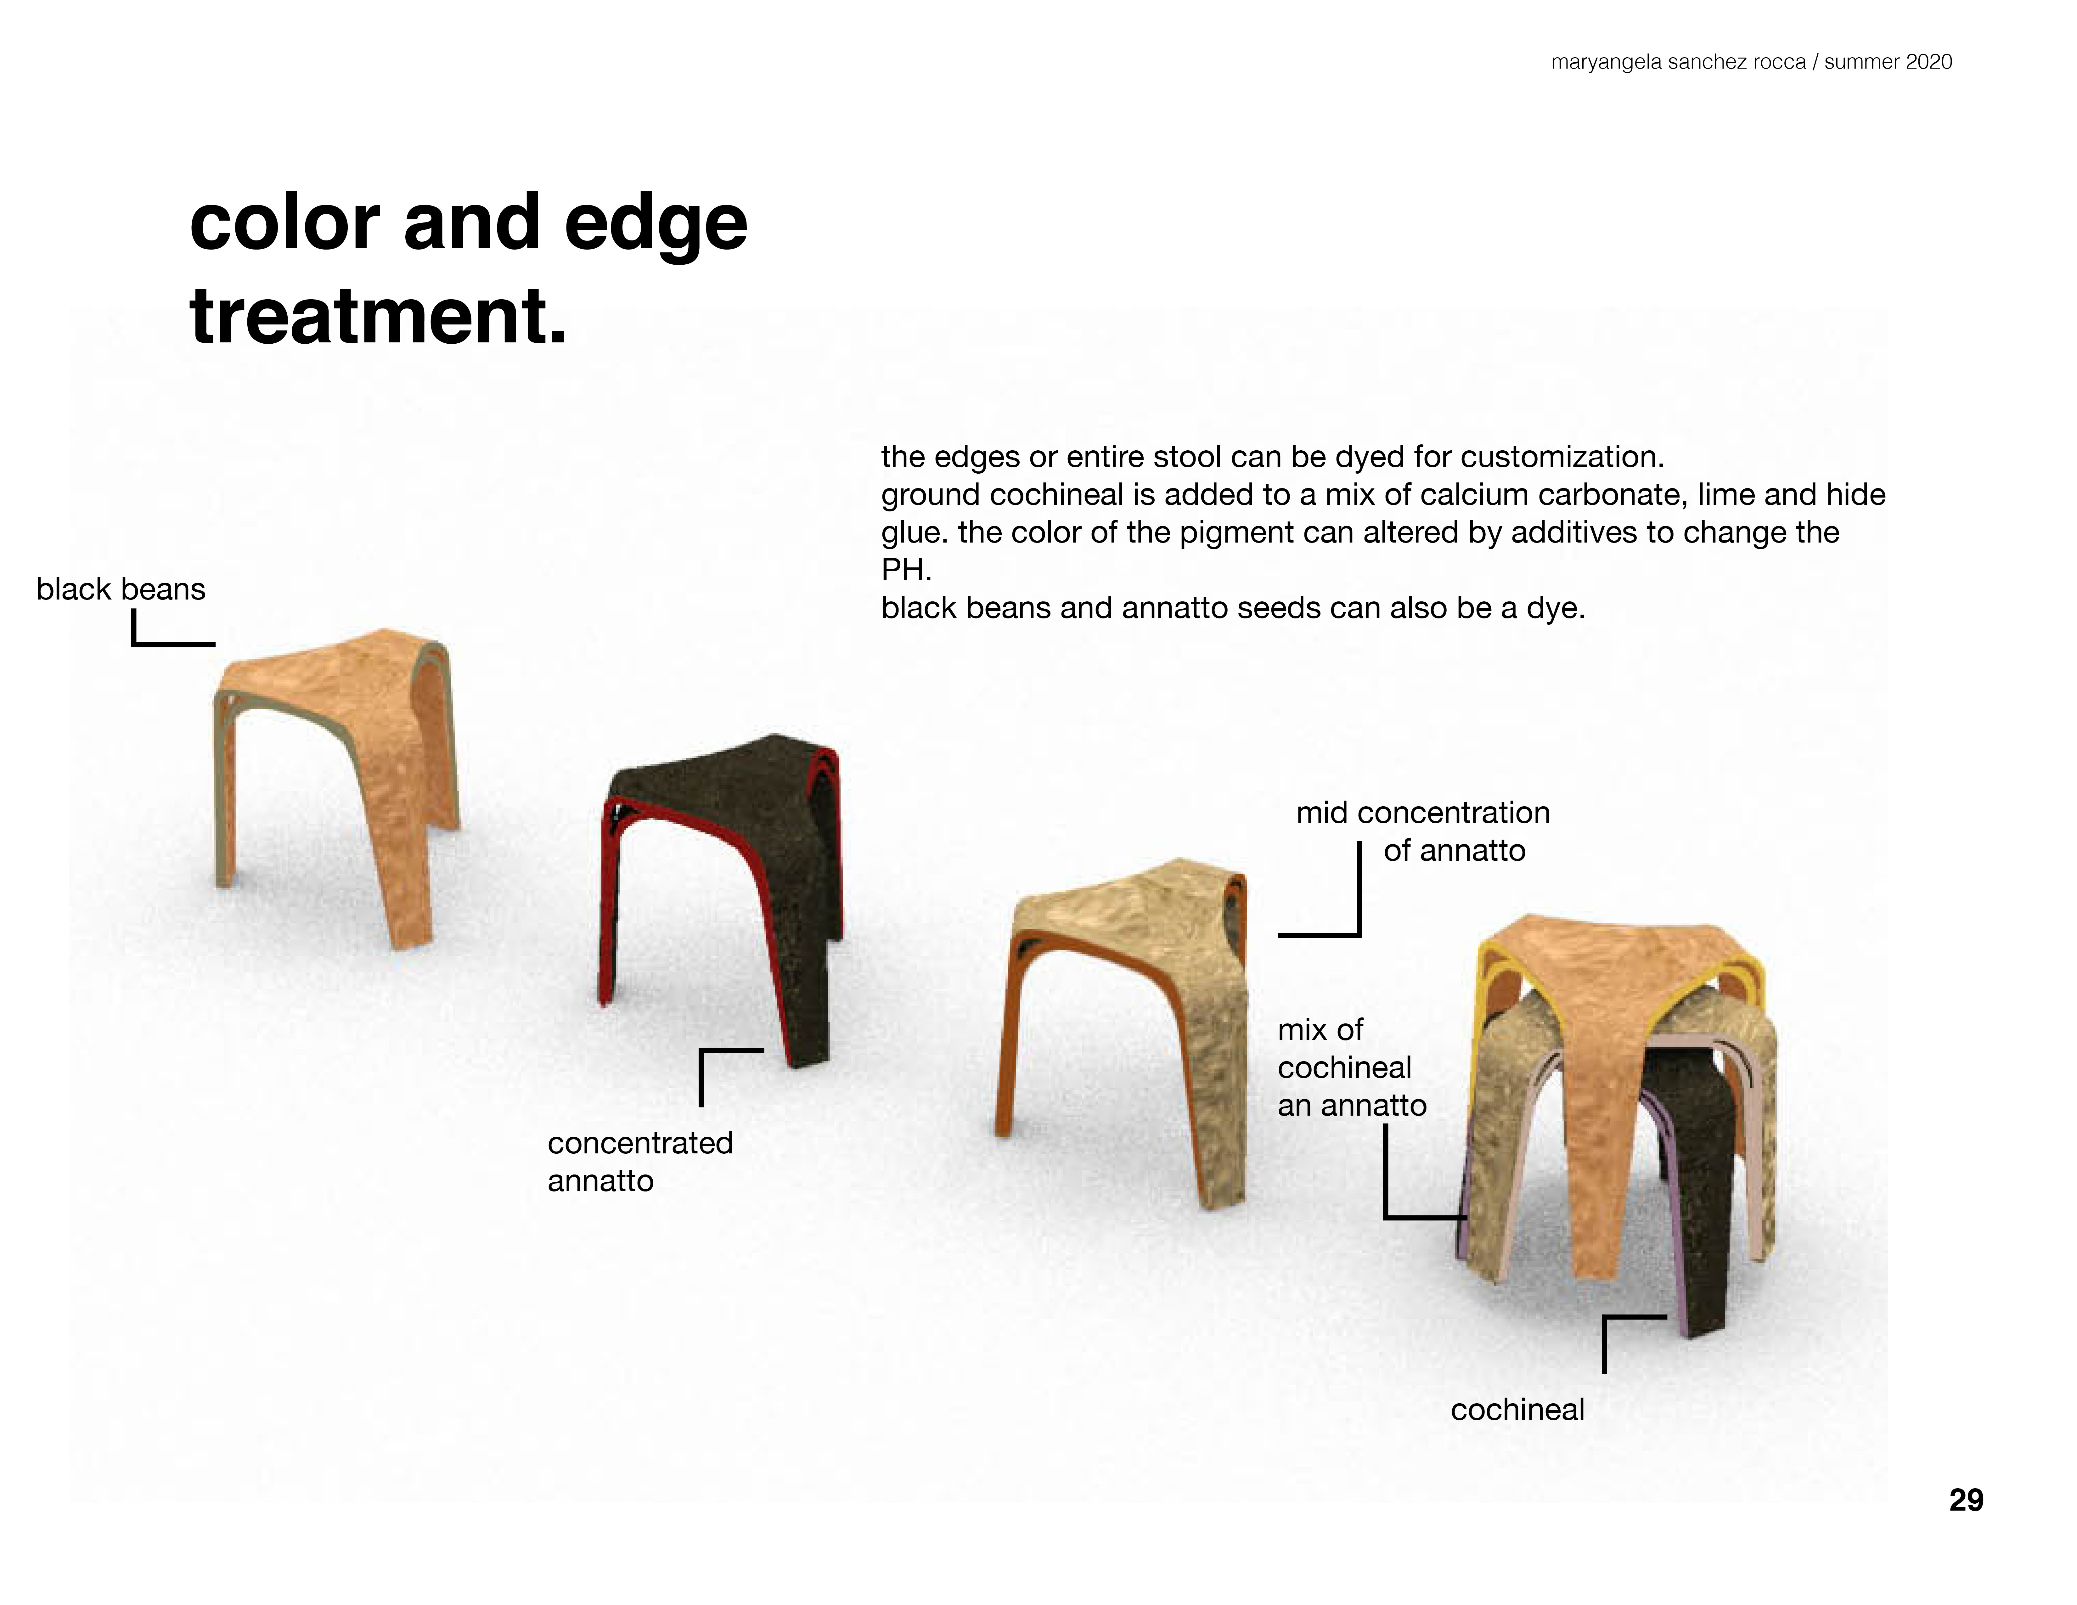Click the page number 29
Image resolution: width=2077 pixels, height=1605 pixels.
point(1966,1501)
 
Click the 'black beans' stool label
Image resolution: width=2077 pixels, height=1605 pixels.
point(121,589)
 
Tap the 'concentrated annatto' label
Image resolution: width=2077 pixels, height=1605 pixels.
point(640,1162)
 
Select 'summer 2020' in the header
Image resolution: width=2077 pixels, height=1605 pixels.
point(1888,62)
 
